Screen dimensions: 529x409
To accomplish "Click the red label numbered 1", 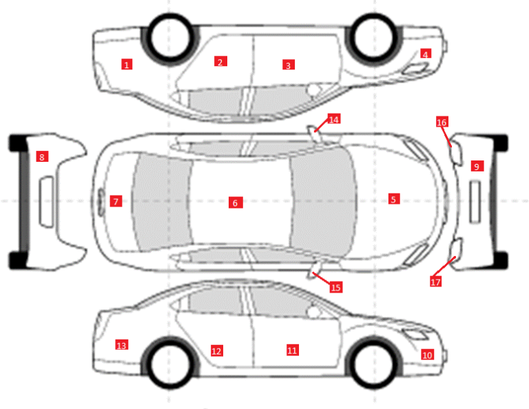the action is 127,64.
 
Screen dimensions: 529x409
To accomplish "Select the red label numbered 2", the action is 220,61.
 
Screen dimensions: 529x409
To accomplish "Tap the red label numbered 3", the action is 289,65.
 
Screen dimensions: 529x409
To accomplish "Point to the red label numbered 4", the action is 426,54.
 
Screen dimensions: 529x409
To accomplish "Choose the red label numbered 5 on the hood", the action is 394,199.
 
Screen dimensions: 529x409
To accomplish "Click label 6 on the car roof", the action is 236,202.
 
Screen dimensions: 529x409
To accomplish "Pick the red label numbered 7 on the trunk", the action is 116,201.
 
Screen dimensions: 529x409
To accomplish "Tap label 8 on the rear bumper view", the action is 42,156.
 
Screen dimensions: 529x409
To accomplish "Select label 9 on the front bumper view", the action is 477,166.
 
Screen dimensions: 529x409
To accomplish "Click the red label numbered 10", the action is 428,355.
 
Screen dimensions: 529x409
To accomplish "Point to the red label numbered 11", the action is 293,350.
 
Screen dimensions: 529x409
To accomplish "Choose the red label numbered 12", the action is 216,350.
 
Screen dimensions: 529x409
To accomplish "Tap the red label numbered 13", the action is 121,345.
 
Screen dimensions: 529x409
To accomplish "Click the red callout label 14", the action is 333,119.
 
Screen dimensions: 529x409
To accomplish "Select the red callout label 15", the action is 335,287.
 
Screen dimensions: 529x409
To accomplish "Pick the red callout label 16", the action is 442,122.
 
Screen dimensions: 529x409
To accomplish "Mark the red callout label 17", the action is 435,282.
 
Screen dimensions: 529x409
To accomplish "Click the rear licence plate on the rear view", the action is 47,202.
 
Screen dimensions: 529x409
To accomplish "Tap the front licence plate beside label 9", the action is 475,202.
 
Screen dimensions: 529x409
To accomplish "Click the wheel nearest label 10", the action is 373,362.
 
